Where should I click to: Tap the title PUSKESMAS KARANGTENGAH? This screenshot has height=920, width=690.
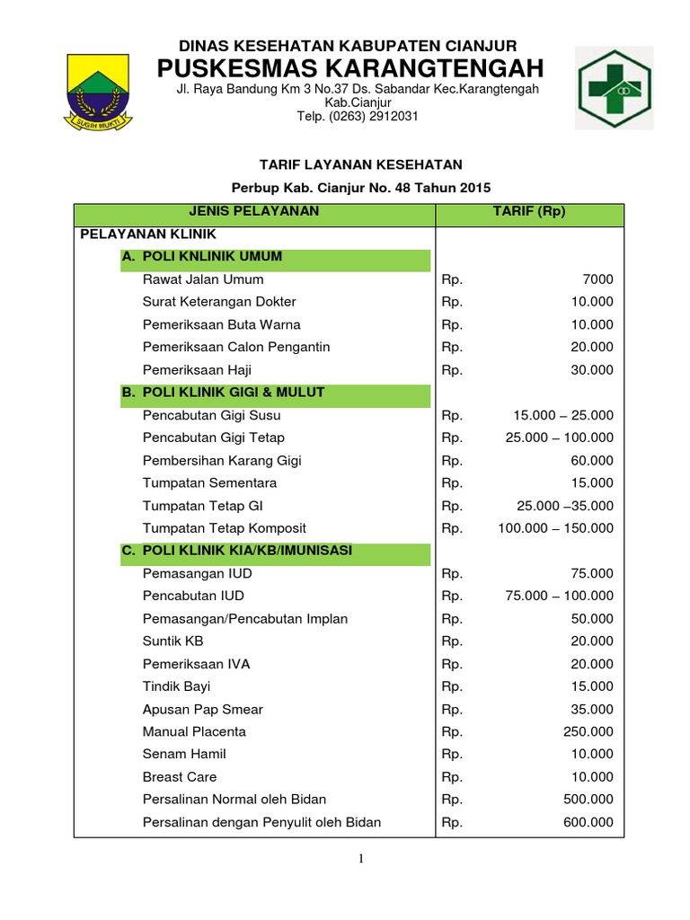(x=350, y=68)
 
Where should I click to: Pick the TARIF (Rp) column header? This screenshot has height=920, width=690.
(x=528, y=212)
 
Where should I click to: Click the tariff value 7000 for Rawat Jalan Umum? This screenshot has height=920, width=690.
(x=597, y=279)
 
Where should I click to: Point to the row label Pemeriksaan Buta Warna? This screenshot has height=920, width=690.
(x=222, y=324)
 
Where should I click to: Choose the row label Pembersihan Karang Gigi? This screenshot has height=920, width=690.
(x=222, y=460)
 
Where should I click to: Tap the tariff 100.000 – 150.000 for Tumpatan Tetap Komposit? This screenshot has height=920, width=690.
(x=556, y=527)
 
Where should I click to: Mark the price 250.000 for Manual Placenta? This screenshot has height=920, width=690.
(x=588, y=731)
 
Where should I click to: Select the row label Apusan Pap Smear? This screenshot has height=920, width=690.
(x=203, y=709)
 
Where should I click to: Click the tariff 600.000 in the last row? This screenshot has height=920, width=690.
(x=588, y=822)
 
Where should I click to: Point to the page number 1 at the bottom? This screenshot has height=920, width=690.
(x=361, y=859)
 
